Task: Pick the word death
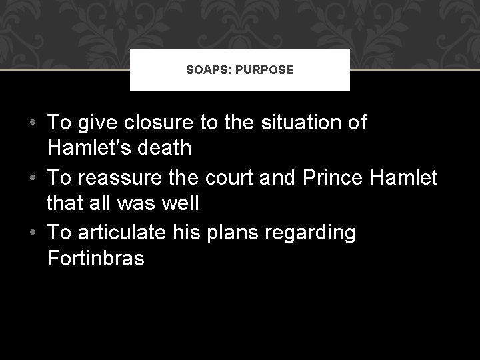tap(167, 147)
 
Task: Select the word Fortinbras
tap(96, 257)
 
